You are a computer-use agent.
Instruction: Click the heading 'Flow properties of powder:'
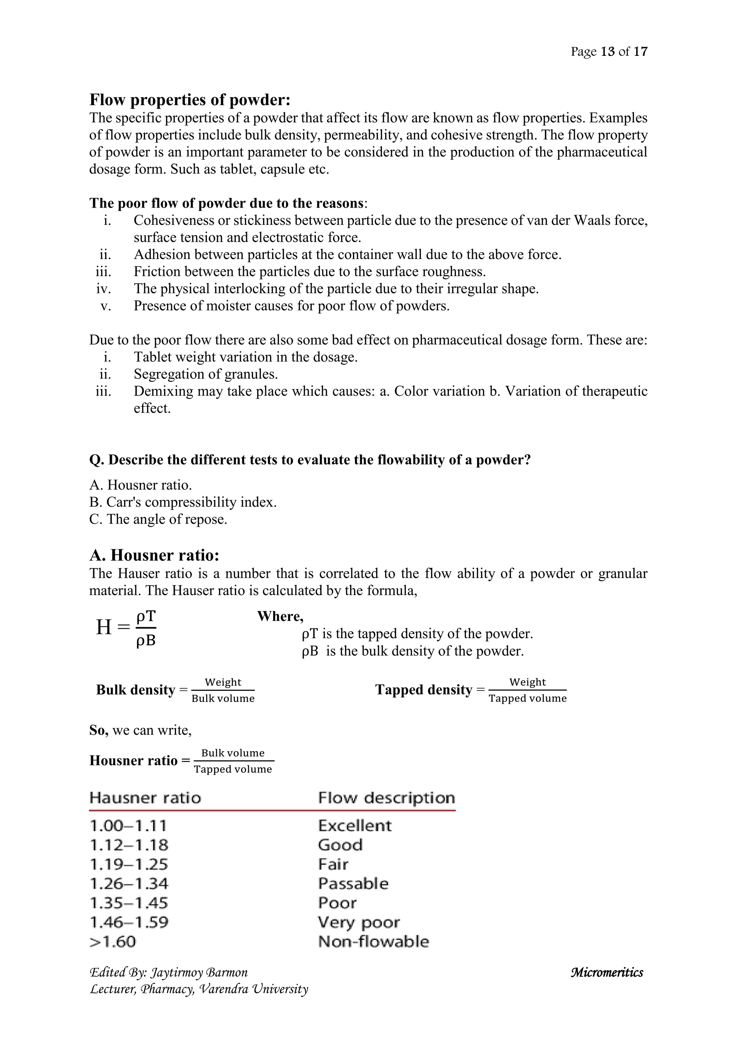point(190,99)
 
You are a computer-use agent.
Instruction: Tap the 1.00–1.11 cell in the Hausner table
point(128,825)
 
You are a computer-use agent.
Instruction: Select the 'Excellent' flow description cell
point(354,825)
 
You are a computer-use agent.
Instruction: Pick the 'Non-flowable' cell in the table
point(374,942)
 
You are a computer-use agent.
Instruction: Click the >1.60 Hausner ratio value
point(113,942)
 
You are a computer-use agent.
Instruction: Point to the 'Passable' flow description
point(353,884)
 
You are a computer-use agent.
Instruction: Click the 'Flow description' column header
point(386,798)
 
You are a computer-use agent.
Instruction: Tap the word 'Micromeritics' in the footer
point(607,973)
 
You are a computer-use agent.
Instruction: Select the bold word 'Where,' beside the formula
point(280,616)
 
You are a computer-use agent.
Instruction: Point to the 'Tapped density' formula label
point(424,690)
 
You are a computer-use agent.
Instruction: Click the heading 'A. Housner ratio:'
point(154,555)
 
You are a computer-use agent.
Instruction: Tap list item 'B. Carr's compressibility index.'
point(183,502)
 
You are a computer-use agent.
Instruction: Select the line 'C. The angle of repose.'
point(158,519)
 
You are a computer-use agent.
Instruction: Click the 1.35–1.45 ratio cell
point(129,903)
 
